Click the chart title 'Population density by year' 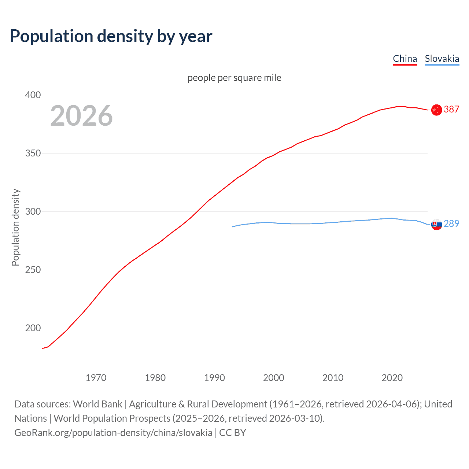click(x=111, y=36)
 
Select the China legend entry click(x=405, y=59)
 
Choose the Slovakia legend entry click(x=442, y=59)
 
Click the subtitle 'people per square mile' click(x=234, y=78)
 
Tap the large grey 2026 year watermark click(x=81, y=116)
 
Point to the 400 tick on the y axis click(x=33, y=95)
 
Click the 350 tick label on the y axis click(x=33, y=153)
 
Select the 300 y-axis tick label click(x=33, y=211)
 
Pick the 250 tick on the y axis click(x=33, y=270)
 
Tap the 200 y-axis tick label click(x=33, y=328)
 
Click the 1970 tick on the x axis click(x=96, y=378)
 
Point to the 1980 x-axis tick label click(x=155, y=378)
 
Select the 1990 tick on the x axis click(x=214, y=378)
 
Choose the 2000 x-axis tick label click(x=274, y=378)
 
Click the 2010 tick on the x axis click(x=333, y=378)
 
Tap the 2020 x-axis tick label click(x=392, y=378)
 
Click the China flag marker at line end click(x=436, y=110)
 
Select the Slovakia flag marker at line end click(x=436, y=224)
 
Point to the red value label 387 click(x=451, y=109)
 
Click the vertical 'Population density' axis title click(x=15, y=227)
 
